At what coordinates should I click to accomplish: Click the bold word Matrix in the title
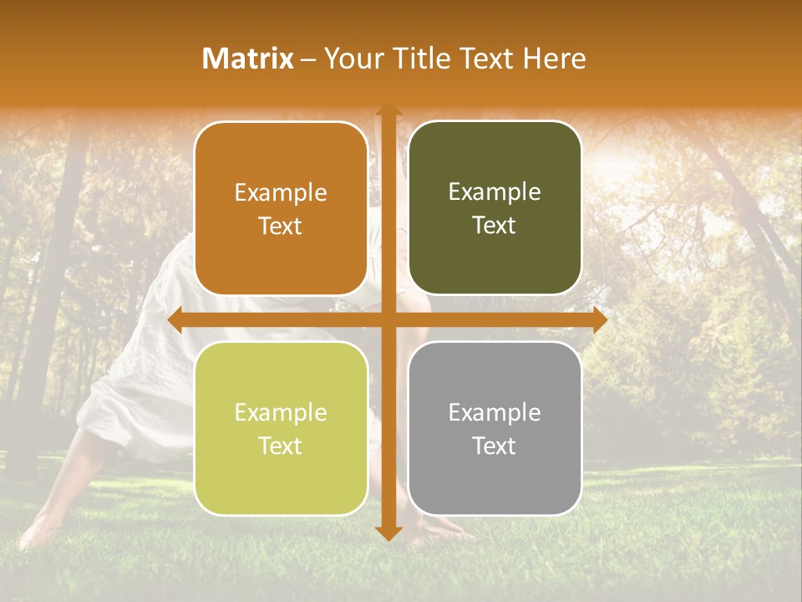(247, 59)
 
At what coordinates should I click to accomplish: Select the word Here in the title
(554, 59)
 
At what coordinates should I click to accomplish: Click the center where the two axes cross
(388, 320)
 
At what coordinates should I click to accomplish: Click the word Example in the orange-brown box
(281, 193)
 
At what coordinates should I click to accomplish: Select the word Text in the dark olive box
(495, 226)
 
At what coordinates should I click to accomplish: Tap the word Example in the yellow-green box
(281, 413)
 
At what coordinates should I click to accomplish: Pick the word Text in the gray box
(495, 446)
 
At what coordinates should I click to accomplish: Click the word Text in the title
(485, 59)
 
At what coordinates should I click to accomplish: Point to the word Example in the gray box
(495, 413)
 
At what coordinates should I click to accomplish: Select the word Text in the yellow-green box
(281, 446)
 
